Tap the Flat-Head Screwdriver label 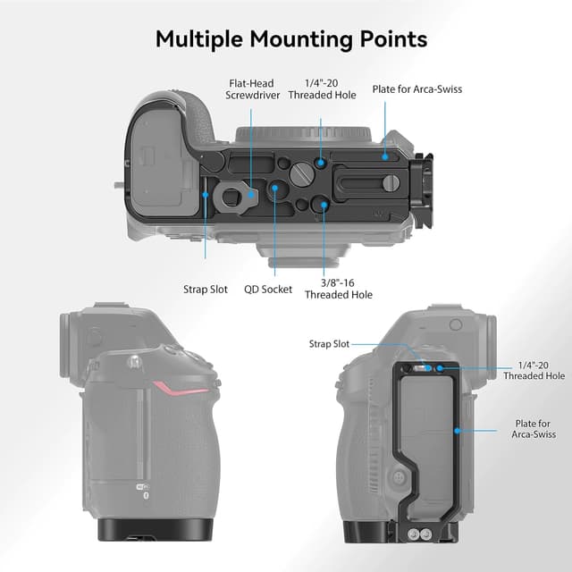coord(251,90)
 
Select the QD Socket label coord(268,290)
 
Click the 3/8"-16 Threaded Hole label coord(338,289)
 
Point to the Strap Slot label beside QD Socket coord(206,290)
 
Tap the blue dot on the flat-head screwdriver coord(252,191)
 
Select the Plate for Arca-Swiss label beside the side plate coord(533,428)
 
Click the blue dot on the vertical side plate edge coord(457,430)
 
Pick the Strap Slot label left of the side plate coord(329,343)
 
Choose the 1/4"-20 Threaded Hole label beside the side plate coord(534,371)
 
